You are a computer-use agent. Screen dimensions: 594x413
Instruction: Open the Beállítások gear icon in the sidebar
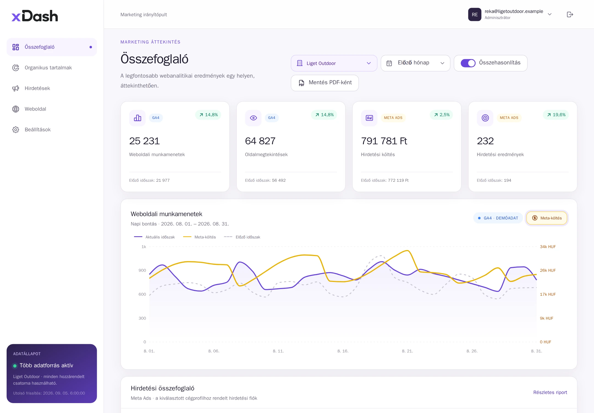16,130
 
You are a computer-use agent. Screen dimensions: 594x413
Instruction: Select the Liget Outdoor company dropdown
334,63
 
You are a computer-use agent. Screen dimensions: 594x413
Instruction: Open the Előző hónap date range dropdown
415,63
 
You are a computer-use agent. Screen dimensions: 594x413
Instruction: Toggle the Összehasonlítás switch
468,63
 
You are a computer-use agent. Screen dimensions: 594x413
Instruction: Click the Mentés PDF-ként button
324,83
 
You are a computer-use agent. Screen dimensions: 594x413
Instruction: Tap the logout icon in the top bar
570,15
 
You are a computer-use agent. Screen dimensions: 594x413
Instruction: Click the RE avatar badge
475,15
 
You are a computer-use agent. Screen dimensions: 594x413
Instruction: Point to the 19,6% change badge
556,115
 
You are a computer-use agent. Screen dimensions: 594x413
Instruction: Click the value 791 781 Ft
384,141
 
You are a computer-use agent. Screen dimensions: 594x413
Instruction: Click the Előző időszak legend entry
242,237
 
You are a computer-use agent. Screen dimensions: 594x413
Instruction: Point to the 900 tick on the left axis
142,270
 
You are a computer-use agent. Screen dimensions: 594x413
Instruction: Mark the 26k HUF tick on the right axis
548,270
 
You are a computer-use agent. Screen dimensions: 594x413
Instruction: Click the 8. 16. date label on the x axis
343,351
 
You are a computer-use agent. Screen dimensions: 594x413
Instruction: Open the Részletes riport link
550,392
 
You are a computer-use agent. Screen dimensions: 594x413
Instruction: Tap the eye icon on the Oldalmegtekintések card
253,118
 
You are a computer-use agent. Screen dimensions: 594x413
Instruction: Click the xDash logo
35,16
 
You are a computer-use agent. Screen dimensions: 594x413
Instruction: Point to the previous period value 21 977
163,180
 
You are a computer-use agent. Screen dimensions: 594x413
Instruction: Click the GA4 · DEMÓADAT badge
498,218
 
